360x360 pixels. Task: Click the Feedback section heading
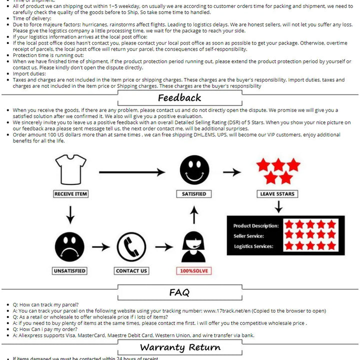(179, 98)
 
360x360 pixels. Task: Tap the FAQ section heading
(179, 292)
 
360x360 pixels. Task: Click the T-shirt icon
(70, 169)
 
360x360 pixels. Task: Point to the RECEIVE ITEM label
(70, 194)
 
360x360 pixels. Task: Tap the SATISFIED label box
(194, 194)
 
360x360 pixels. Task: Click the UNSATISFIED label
(69, 271)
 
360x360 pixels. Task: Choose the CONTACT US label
(131, 271)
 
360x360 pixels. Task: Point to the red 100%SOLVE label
(194, 271)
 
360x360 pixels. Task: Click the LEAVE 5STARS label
(278, 194)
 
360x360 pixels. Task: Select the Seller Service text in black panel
(248, 236)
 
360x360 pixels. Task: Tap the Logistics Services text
(253, 246)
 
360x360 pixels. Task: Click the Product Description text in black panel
(256, 226)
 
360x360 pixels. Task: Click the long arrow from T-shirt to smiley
(132, 172)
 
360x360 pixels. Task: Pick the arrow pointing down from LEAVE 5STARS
(278, 206)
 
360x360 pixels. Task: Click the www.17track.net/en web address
(231, 310)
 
